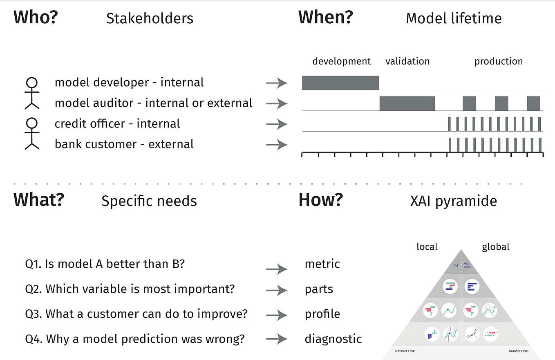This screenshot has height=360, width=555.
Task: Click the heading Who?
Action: pos(36,18)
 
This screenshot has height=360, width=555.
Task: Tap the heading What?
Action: pos(39,200)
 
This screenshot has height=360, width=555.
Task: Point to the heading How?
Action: pos(320,200)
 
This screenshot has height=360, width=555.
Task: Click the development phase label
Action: pos(341,61)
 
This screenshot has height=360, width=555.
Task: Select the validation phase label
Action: pos(407,61)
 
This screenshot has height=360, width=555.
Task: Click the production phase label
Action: pos(498,61)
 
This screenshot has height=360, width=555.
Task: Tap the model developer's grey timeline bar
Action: pos(340,83)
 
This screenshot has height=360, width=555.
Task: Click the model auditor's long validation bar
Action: pos(407,103)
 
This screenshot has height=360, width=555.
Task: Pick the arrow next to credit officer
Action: pos(277,124)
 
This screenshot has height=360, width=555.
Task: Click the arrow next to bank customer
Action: pos(277,145)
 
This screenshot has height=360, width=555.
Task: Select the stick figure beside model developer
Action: pos(32,93)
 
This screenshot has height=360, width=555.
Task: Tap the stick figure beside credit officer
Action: pos(32,134)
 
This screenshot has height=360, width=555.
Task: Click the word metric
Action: pos(322,264)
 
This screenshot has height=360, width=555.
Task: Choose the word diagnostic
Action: pos(333,339)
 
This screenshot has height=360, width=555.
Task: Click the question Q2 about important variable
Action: pos(130,289)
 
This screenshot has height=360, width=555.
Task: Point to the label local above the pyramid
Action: pos(427,247)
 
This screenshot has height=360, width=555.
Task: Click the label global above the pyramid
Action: pos(495,247)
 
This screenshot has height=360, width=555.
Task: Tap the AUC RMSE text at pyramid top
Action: pos(467,265)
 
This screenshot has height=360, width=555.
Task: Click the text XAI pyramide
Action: pos(453,201)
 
